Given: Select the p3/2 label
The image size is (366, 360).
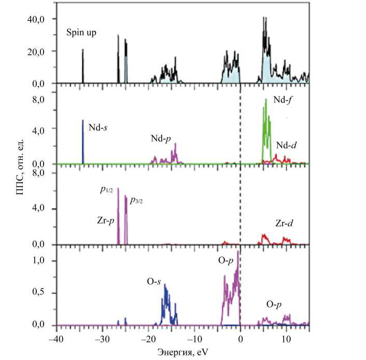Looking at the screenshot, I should pyautogui.click(x=136, y=200).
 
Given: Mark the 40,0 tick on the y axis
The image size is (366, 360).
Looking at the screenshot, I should pyautogui.click(x=37, y=19).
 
